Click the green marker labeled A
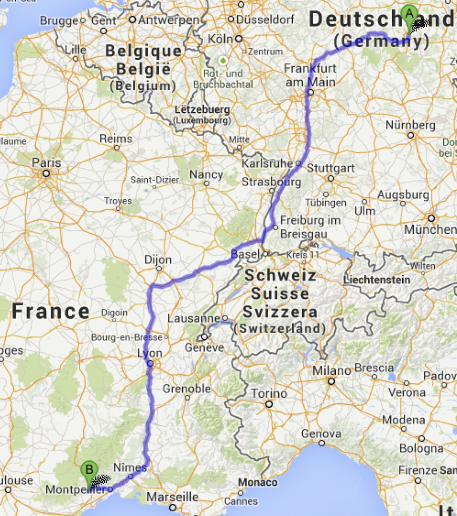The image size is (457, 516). click(x=409, y=15)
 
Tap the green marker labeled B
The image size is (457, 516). click(x=89, y=470)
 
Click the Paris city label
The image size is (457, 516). click(x=46, y=163)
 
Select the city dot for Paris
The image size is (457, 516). click(x=46, y=174)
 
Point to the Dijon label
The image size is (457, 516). click(x=158, y=260)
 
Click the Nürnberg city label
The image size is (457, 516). click(x=410, y=125)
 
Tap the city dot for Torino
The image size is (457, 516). click(x=269, y=404)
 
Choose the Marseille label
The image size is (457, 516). click(x=172, y=497)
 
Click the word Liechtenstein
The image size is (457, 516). click(x=377, y=280)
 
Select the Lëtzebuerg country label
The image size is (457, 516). click(x=202, y=110)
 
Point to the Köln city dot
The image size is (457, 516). click(x=239, y=39)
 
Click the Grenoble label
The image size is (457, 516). click(x=187, y=389)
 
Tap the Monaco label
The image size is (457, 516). click(x=258, y=482)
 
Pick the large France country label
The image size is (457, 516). click(x=50, y=311)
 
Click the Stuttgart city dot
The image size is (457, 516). click(x=331, y=178)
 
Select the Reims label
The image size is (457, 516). click(x=116, y=139)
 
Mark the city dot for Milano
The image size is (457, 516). click(x=331, y=381)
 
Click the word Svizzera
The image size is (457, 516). click(x=280, y=312)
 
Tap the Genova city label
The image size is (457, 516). click(x=321, y=434)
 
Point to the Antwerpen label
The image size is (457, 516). click(x=169, y=20)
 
